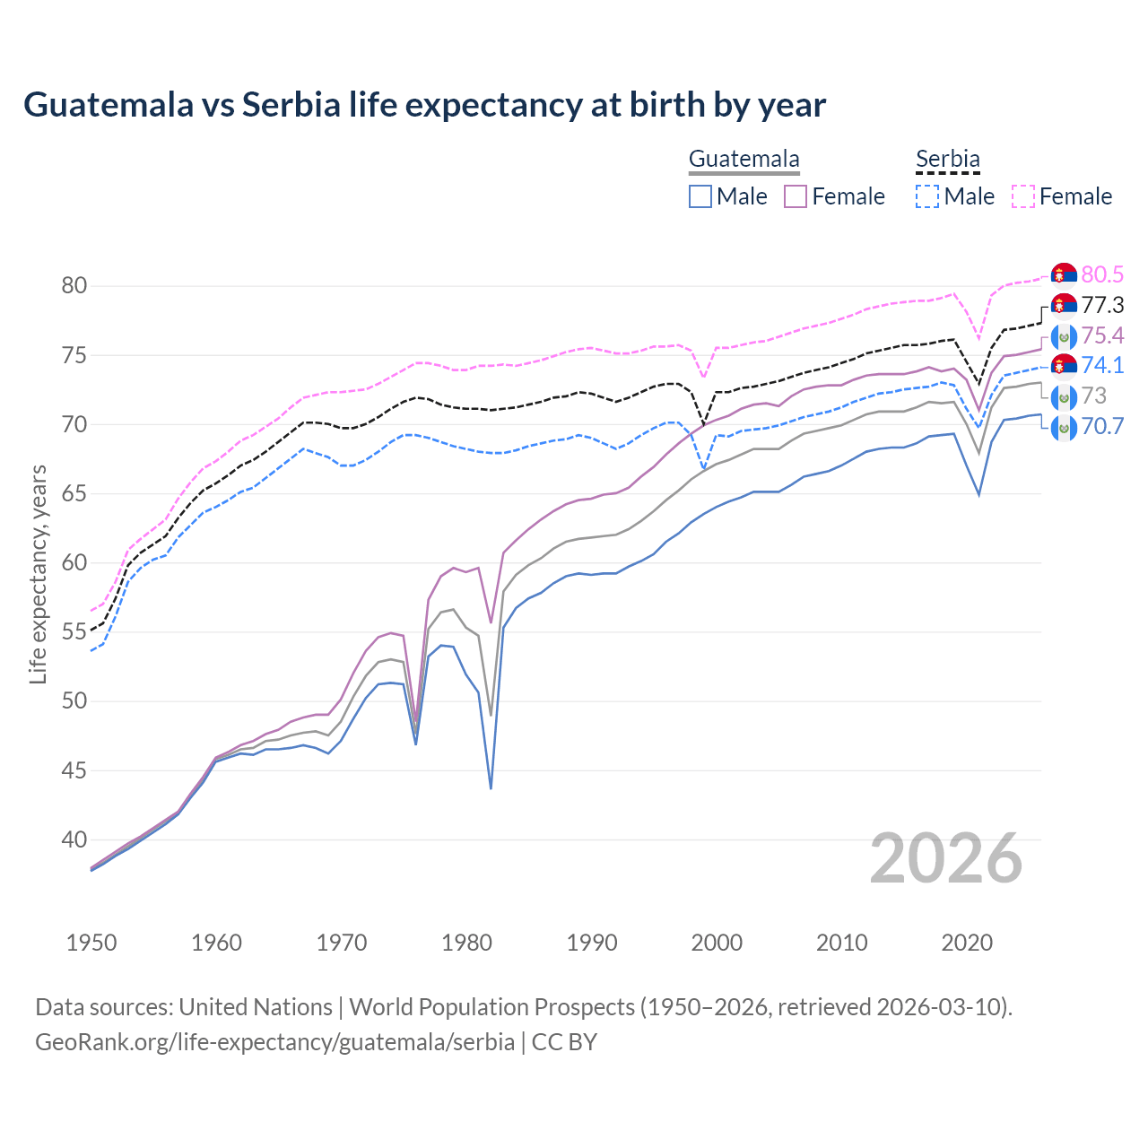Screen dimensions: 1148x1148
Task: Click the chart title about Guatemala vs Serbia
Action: [x=424, y=105]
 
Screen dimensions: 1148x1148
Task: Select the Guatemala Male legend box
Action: [x=700, y=196]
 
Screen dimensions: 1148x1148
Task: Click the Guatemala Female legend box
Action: [x=796, y=196]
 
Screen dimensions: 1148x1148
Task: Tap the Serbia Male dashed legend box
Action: [x=927, y=196]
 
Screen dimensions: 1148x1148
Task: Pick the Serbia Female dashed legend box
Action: [x=1023, y=196]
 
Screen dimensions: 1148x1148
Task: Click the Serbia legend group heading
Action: [x=948, y=160]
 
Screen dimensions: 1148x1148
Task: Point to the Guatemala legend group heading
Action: [x=744, y=160]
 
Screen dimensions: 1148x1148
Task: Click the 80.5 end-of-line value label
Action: [x=1102, y=274]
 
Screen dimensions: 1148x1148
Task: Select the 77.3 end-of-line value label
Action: [x=1102, y=305]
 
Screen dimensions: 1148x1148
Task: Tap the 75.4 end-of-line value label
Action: [x=1102, y=335]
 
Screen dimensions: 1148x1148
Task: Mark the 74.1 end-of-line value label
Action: [x=1102, y=365]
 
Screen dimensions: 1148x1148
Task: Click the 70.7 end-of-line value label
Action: [x=1102, y=426]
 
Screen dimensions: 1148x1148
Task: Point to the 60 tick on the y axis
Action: [x=74, y=562]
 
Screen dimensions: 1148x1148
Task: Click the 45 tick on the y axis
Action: [x=74, y=770]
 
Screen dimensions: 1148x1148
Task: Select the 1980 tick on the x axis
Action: [x=466, y=943]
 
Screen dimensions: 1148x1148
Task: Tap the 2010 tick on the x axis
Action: [x=841, y=943]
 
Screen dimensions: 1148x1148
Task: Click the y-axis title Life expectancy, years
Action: [x=38, y=574]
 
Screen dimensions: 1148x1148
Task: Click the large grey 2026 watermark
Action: [x=946, y=859]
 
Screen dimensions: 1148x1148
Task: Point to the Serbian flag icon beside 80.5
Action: [x=1064, y=274]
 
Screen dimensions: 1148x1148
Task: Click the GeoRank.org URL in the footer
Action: [x=274, y=1042]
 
